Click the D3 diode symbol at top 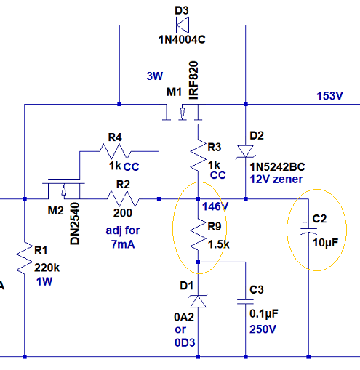tap(183, 25)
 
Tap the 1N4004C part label tap(182, 39)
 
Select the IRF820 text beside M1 tap(193, 80)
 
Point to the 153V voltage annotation tap(329, 96)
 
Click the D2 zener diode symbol tap(246, 152)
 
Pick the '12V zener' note tap(276, 180)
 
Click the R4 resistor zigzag tap(115, 151)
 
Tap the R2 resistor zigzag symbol tap(123, 199)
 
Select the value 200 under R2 tap(123, 213)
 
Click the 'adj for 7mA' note tap(123, 237)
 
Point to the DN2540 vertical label tap(75, 223)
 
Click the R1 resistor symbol tap(25, 258)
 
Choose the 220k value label tap(47, 268)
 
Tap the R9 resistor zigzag tap(198, 235)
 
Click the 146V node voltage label tap(215, 206)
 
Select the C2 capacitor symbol tap(308, 230)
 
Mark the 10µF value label tap(325, 243)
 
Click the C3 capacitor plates tap(246, 302)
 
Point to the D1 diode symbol tap(198, 301)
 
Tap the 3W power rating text tap(155, 76)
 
